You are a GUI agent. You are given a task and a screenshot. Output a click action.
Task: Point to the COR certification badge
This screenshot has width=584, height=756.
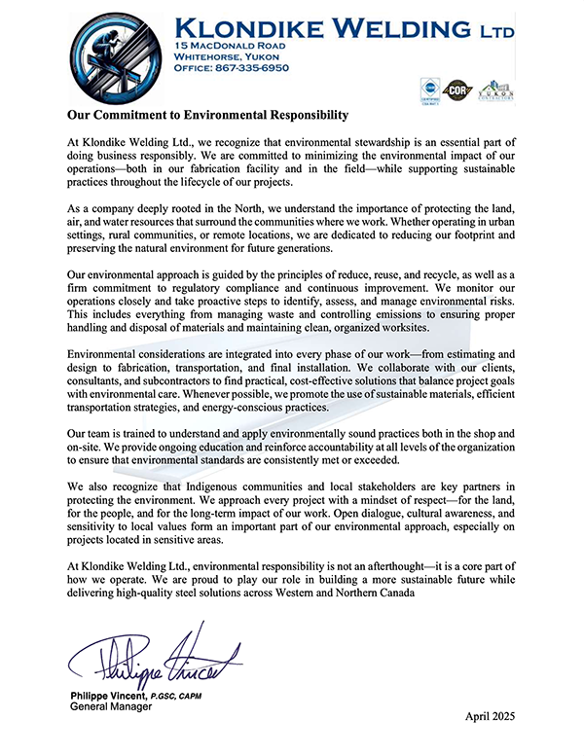coord(456,90)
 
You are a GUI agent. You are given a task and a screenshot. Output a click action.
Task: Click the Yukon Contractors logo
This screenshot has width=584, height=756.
coord(495,90)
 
